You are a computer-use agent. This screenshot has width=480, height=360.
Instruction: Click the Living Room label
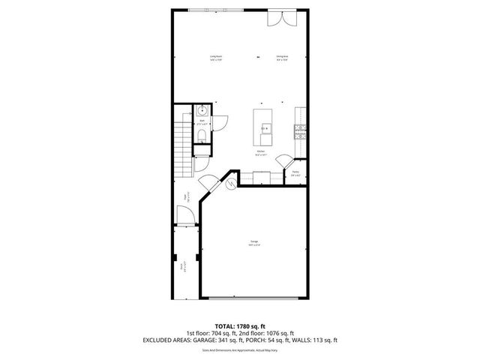coord(215,58)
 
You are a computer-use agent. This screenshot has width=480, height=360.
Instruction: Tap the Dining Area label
coord(282,58)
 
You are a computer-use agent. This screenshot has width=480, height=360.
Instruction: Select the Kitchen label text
coord(260,152)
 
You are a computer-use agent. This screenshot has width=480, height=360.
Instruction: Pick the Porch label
coord(182,265)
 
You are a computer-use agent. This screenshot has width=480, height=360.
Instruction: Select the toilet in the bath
coord(202,136)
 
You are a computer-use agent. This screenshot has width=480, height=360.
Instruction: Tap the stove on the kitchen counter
coord(300,130)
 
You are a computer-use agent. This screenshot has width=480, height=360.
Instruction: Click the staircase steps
coord(181,145)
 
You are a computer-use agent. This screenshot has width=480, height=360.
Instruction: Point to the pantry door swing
coord(284,162)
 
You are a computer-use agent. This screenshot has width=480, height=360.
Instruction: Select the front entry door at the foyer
coord(187,217)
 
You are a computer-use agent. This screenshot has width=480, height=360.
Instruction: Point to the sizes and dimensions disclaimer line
coord(240,349)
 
